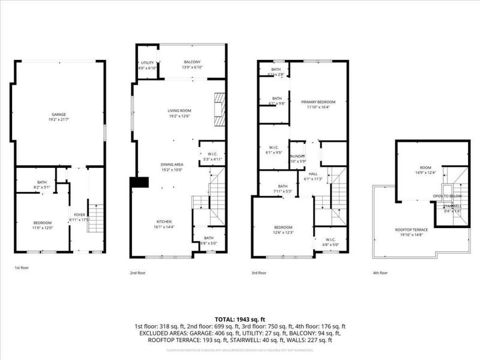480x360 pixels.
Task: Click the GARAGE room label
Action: tap(58, 114)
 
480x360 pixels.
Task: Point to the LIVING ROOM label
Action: tap(179, 110)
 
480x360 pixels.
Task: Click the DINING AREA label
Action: tap(172, 164)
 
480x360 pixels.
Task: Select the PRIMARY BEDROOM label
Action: tap(318, 103)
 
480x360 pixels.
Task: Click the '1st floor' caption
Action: tap(21, 268)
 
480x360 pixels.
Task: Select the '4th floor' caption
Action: tap(380, 272)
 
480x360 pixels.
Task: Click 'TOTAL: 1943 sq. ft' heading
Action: tap(240, 319)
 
